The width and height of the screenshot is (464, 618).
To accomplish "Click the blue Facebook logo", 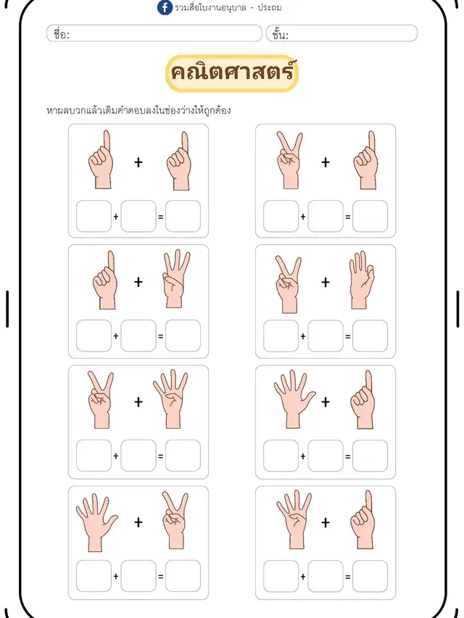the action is (x=165, y=7).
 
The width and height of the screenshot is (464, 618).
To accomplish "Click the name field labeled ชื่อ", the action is (x=154, y=33).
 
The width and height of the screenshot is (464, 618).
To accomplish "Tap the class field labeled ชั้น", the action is (x=341, y=33).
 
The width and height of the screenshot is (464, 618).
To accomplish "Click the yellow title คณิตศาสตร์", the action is (x=232, y=73).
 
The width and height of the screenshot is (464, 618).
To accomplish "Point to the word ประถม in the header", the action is (x=270, y=7).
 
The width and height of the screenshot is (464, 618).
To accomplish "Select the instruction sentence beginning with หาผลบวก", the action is (x=138, y=110).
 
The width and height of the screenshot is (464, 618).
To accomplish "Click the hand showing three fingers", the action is (x=175, y=278).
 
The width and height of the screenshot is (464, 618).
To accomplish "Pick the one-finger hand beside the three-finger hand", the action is (x=105, y=280).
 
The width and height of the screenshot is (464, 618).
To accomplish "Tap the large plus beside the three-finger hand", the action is (x=138, y=282).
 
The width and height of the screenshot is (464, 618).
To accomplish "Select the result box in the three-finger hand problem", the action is (x=183, y=335).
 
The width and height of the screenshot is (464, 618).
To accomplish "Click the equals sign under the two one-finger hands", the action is (x=160, y=217).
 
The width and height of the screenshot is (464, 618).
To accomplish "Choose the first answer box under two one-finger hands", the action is (x=94, y=216).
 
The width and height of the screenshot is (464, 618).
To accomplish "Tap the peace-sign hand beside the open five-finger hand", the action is (x=175, y=520).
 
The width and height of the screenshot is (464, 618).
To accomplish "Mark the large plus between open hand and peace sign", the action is (x=138, y=522).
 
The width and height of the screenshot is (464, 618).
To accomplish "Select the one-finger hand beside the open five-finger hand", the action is (x=362, y=399).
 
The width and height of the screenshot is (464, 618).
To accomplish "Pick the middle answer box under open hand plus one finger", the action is (x=326, y=456).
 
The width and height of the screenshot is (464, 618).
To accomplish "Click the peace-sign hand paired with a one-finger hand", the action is (x=289, y=160).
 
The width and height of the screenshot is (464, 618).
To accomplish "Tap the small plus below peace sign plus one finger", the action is (x=303, y=217).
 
